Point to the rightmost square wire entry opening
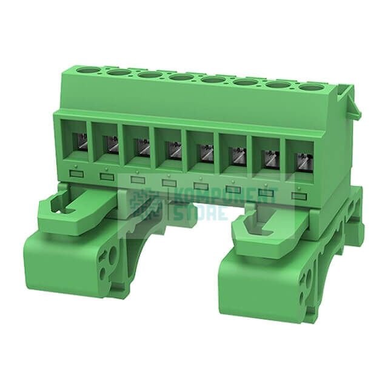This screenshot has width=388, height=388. coord(301,162)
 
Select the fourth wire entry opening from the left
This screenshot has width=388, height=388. coord(172,152)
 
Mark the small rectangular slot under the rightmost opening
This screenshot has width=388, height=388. coord(297,195)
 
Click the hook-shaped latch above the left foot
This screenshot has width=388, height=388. coord(67,209)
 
